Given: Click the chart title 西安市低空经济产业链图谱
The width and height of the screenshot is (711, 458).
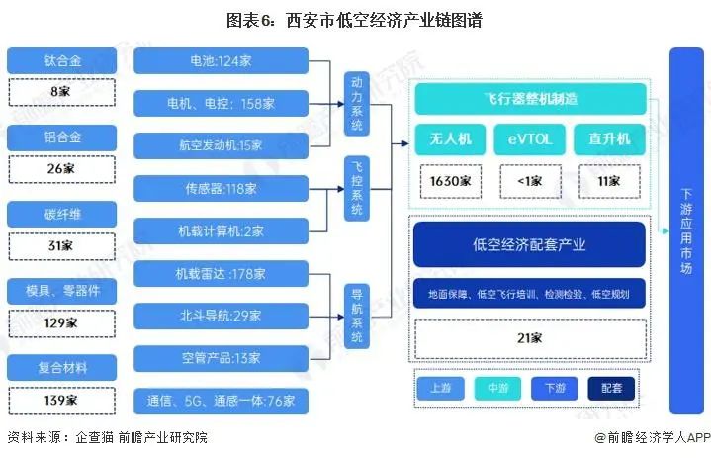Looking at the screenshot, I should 354,20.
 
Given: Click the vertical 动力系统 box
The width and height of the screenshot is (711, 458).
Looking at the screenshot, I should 357,104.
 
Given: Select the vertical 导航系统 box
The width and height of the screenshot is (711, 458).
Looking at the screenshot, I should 357,315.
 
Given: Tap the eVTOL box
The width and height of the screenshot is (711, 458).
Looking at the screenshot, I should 530,139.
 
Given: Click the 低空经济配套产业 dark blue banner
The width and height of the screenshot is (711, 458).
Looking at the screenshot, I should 529,244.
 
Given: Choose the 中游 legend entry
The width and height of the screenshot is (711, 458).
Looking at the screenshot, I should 498,388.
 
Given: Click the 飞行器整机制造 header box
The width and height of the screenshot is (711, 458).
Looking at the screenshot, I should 529,100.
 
